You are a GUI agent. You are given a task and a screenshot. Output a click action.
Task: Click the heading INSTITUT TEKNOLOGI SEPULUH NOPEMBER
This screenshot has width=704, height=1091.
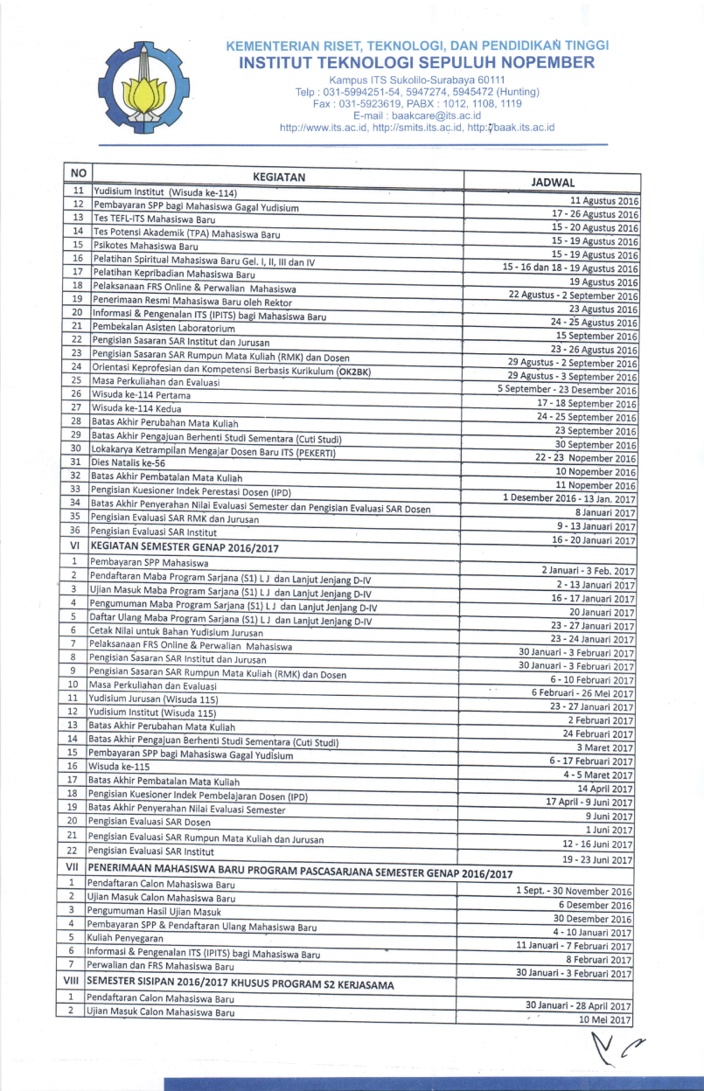[x=417, y=62]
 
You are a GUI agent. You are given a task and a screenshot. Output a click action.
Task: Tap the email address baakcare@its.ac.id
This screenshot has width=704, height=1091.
[x=417, y=115]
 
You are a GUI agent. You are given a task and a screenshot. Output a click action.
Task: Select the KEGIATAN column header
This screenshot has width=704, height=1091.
[x=279, y=177]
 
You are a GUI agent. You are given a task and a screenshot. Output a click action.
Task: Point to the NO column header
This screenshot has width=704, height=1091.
[x=78, y=173]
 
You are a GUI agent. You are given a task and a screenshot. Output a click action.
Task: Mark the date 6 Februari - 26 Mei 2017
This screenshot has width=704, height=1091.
[x=582, y=693]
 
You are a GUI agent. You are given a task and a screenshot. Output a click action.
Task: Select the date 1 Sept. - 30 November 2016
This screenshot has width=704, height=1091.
[x=574, y=892]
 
